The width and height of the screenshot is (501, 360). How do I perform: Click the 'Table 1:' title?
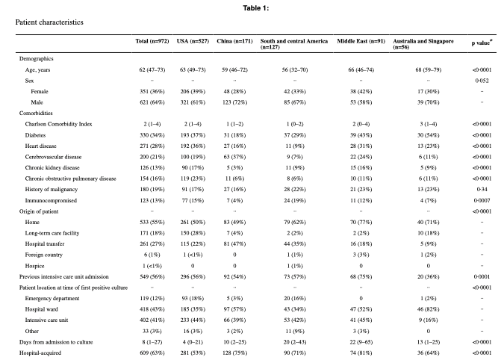(x=255, y=8)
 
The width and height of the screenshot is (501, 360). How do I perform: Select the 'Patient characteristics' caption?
(x=49, y=22)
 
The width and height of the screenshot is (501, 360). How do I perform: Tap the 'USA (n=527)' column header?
(x=193, y=41)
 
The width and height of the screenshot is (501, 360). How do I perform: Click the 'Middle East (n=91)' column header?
(x=361, y=41)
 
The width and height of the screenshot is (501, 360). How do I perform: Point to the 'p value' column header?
(x=482, y=43)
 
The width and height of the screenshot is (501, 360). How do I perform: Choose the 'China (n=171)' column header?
(x=234, y=41)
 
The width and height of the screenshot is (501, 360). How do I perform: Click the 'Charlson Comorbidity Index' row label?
(x=58, y=124)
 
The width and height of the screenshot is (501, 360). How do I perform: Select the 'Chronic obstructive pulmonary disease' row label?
(x=71, y=179)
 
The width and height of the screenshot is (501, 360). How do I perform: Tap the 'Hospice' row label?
(x=34, y=266)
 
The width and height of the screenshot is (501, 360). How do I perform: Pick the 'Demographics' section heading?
(x=36, y=59)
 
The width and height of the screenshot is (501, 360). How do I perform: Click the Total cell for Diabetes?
(x=152, y=135)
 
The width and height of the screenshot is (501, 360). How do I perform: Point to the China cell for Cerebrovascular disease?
(x=234, y=157)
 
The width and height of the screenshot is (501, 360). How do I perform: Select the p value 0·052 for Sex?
(x=482, y=81)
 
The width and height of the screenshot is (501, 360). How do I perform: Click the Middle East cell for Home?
(x=361, y=223)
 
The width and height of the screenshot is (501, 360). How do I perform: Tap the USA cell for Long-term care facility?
(x=193, y=233)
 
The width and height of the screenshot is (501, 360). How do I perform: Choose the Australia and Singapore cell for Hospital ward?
(x=428, y=309)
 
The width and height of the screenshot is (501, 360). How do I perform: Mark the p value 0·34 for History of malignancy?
(x=482, y=189)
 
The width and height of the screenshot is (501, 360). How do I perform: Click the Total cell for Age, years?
(x=152, y=69)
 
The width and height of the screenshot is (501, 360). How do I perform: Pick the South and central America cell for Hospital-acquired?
(x=295, y=353)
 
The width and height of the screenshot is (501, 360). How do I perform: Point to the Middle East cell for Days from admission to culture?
(x=361, y=342)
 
